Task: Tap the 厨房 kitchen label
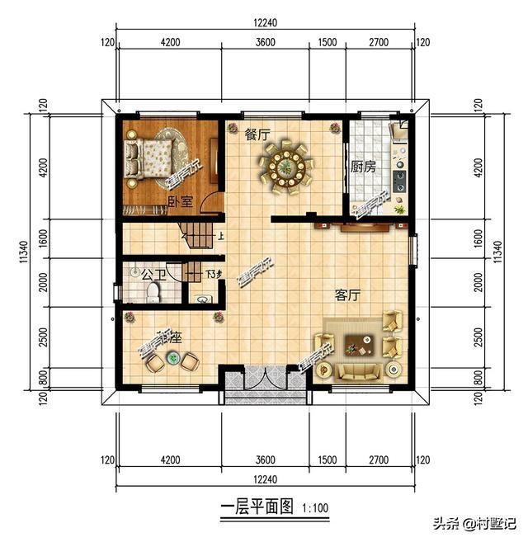click(x=363, y=167)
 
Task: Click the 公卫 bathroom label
click(x=151, y=273)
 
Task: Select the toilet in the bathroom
click(x=204, y=296)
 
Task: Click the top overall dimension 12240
click(x=263, y=24)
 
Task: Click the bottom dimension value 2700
click(x=379, y=460)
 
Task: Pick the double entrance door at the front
click(x=266, y=384)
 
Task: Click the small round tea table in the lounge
click(x=173, y=357)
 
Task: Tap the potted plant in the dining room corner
click(x=335, y=128)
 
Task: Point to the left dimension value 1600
click(x=42, y=239)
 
